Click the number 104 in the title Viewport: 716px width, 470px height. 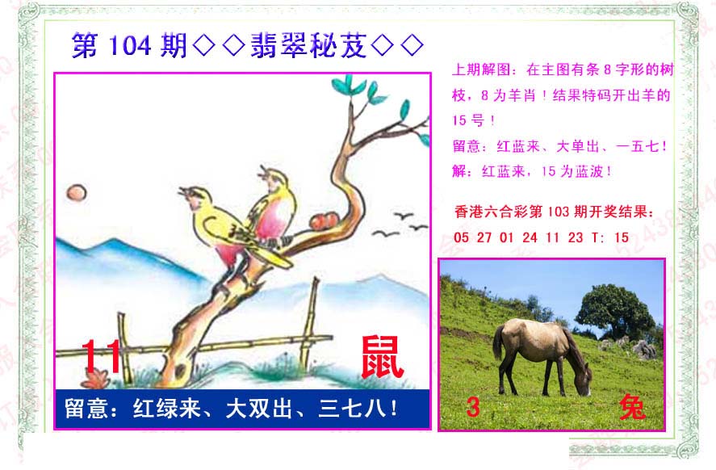(130, 46)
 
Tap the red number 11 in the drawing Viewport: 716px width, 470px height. (102, 356)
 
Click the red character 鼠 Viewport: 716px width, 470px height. (382, 358)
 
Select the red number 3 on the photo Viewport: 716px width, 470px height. (473, 406)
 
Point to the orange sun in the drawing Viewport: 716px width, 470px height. (76, 192)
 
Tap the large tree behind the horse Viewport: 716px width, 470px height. (614, 311)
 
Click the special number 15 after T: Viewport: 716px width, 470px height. (622, 237)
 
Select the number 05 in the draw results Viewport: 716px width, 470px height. (461, 237)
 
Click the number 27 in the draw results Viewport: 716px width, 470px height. (484, 237)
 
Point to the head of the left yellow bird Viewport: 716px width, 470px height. (194, 195)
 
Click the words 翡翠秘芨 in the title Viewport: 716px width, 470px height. (308, 46)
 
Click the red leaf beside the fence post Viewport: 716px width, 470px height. (95, 379)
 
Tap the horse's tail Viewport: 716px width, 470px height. (498, 342)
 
